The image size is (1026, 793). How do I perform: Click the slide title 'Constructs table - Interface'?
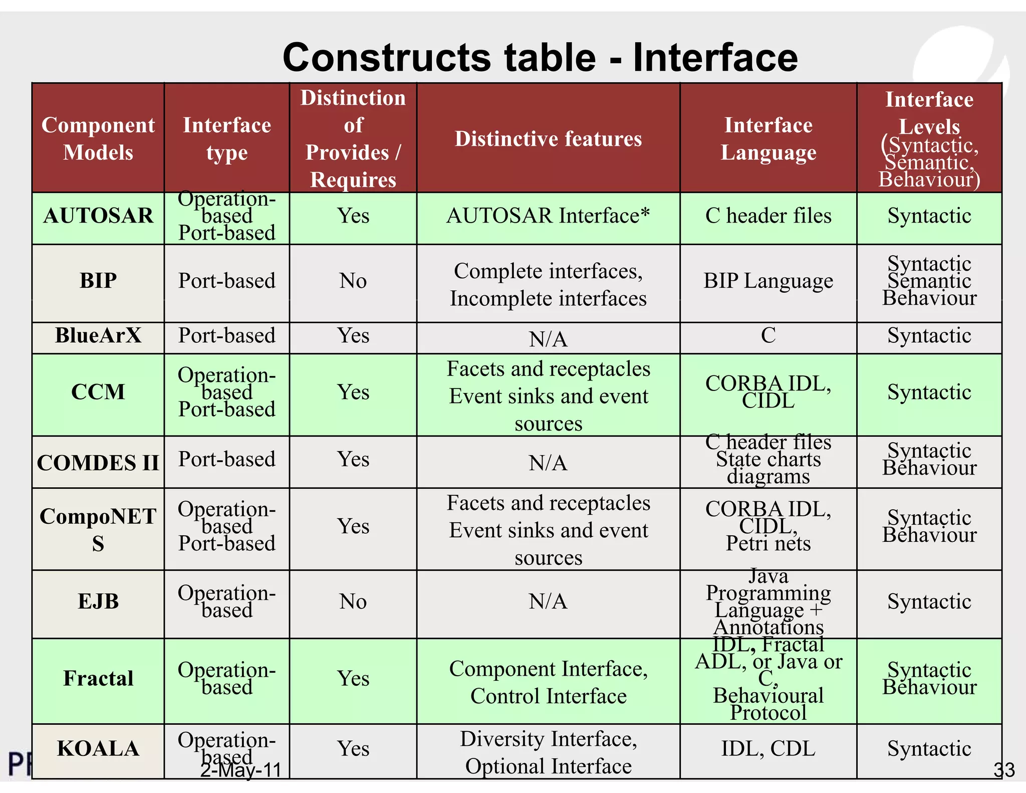click(x=540, y=58)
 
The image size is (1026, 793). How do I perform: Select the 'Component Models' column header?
click(x=98, y=138)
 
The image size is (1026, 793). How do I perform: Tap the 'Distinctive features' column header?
click(x=548, y=138)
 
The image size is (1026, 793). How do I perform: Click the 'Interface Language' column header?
click(x=768, y=138)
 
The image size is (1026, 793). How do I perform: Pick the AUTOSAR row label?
click(x=98, y=216)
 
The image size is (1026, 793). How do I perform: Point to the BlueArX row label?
click(x=98, y=335)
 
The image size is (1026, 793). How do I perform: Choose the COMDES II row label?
click(x=98, y=463)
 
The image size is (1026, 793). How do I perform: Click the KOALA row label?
click(x=98, y=748)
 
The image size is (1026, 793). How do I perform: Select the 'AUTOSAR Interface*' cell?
click(x=548, y=216)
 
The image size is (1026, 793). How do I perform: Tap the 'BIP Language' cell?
click(x=768, y=281)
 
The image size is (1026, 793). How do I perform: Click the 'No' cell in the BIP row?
click(x=353, y=281)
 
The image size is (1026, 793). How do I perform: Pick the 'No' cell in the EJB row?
click(x=353, y=602)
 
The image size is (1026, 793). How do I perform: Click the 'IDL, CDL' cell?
click(x=768, y=748)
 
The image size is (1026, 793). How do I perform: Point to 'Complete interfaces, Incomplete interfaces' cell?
click(x=548, y=285)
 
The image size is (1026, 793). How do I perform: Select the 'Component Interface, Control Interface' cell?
click(x=548, y=682)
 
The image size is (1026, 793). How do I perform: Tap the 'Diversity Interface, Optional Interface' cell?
click(x=548, y=752)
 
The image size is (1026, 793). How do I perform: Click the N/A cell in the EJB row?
click(x=548, y=602)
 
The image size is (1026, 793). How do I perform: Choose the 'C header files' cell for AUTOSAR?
click(x=768, y=216)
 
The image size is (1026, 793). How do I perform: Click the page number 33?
click(x=1004, y=770)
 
